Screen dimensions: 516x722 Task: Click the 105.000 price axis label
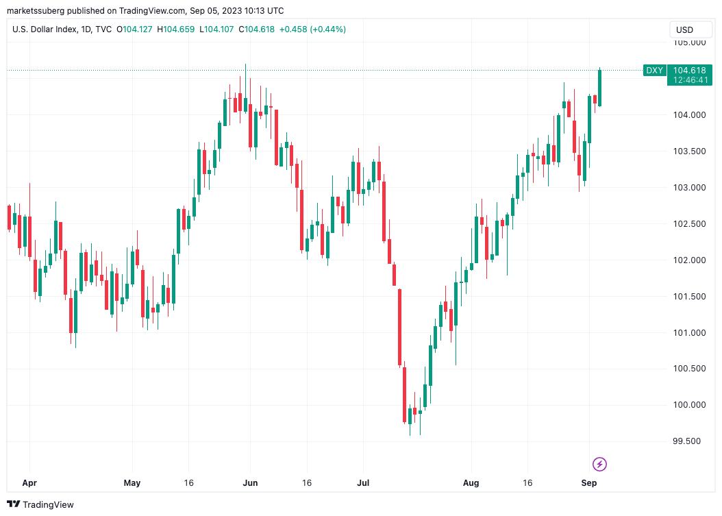(689, 42)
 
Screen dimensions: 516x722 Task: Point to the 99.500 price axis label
(688, 441)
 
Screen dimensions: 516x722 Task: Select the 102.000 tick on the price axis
(688, 260)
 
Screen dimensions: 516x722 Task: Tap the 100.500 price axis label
(688, 369)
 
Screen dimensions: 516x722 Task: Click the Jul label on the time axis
(363, 483)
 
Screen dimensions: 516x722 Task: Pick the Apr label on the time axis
(29, 483)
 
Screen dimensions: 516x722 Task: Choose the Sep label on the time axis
(589, 483)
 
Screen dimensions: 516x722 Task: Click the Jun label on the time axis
(250, 483)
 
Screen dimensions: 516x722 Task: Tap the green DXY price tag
(654, 71)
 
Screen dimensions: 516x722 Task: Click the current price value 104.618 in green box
(689, 71)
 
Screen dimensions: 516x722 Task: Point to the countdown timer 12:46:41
(689, 80)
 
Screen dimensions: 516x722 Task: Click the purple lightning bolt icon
(599, 464)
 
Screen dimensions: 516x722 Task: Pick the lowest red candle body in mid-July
(404, 395)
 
